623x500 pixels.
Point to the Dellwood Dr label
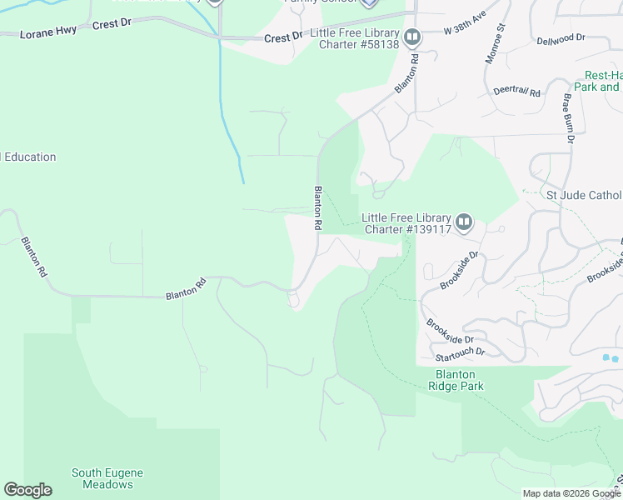[561, 38]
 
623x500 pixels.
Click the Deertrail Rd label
[516, 92]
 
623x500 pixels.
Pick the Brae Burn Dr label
[568, 117]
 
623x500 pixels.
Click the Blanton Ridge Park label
[456, 380]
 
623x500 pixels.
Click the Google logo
[27, 490]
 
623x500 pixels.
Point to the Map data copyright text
[571, 493]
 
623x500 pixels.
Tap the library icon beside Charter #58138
[411, 37]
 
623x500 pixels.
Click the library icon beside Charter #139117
[464, 222]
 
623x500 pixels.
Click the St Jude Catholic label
[583, 195]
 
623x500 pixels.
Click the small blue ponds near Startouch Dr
[611, 358]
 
